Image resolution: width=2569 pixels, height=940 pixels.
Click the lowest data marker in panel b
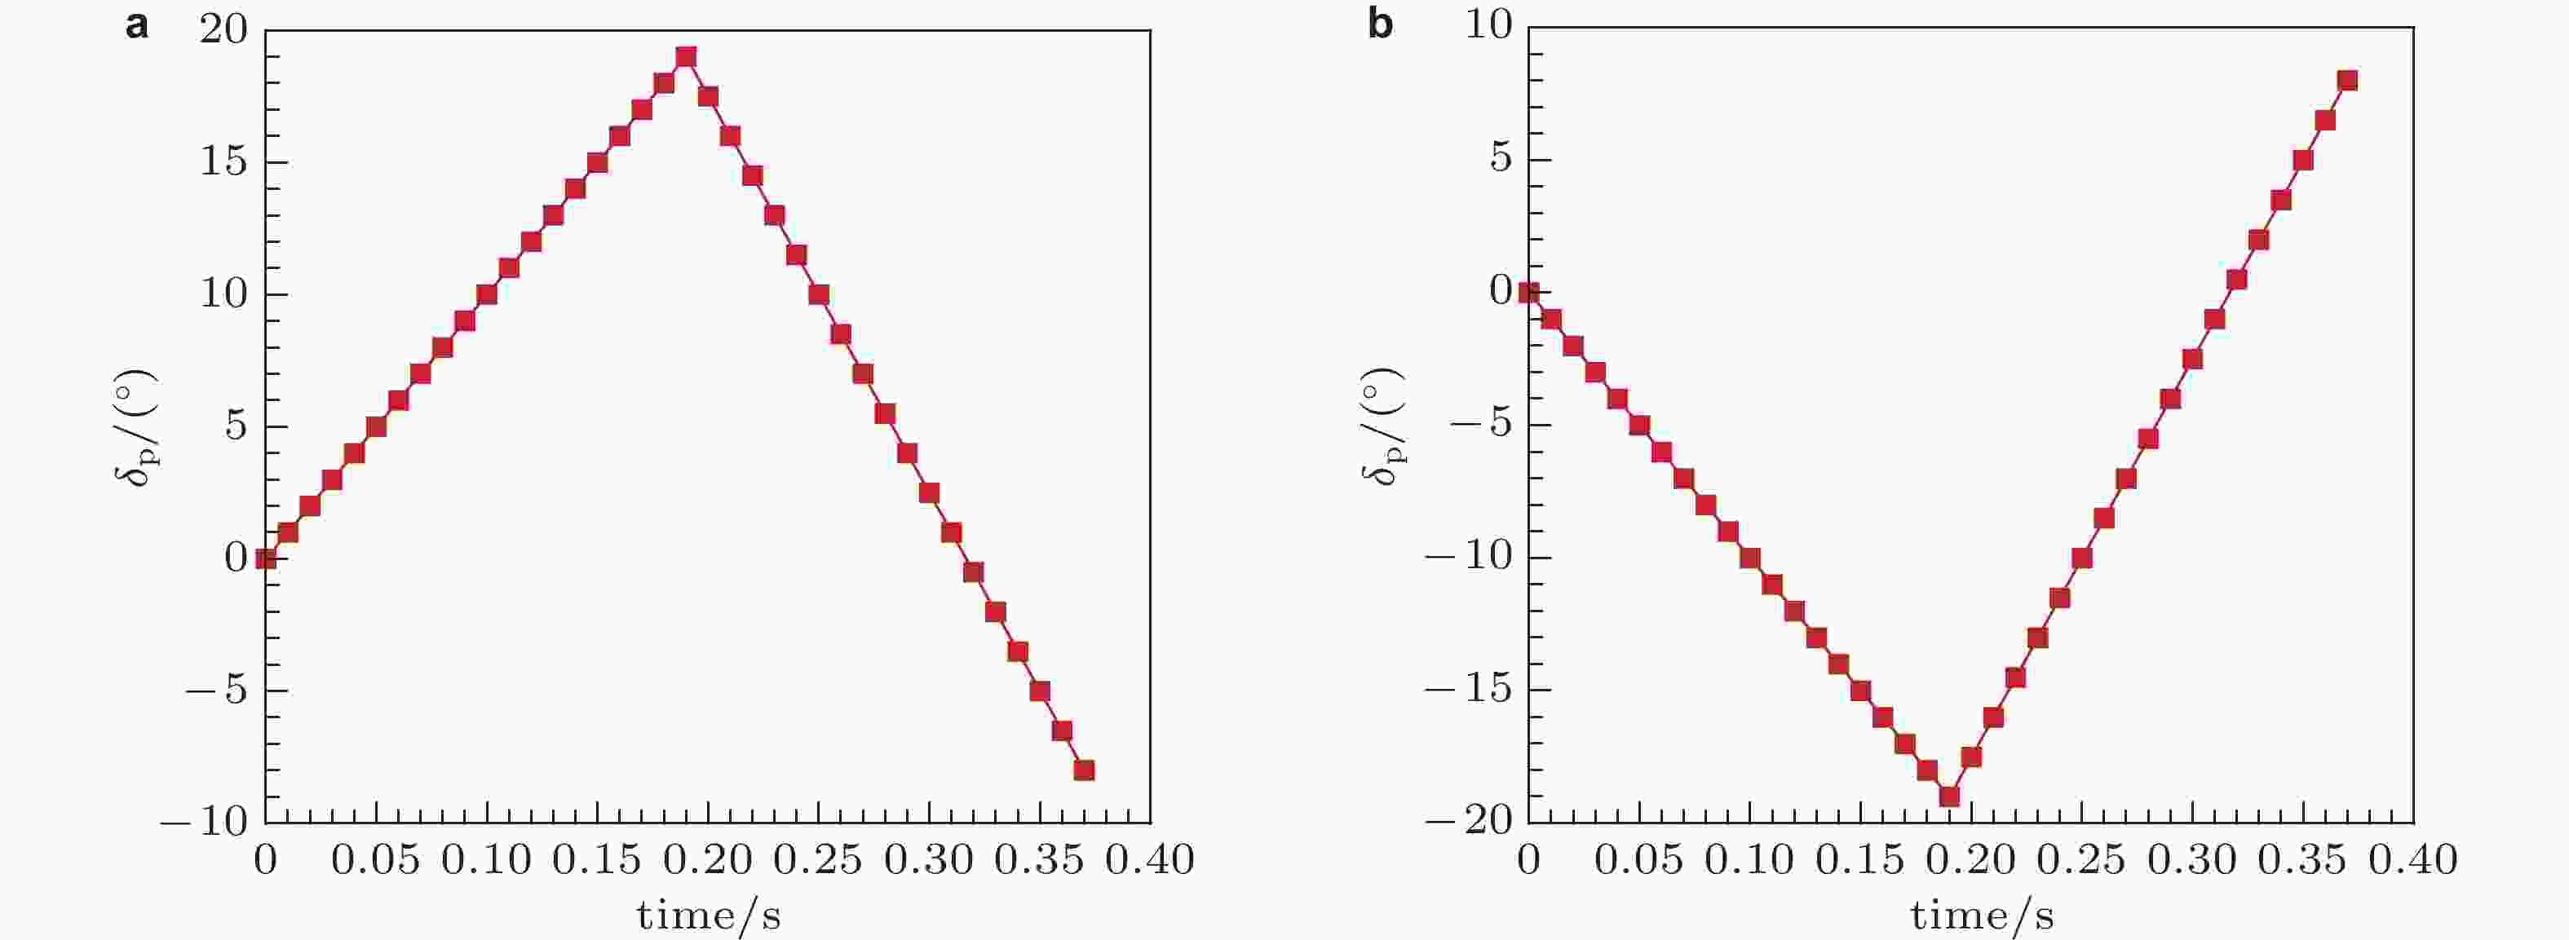1948,797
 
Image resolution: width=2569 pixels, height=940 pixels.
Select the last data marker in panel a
1084,770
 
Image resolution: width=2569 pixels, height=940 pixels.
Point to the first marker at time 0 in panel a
265,558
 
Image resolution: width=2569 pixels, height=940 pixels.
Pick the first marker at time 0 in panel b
1528,292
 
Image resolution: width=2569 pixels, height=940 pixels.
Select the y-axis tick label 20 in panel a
223,30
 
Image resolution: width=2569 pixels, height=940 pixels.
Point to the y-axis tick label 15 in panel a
223,162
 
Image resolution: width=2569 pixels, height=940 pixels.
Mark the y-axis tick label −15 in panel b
1469,690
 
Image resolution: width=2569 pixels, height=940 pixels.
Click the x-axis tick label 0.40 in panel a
1150,860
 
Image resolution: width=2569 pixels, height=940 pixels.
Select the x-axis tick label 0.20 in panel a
708,860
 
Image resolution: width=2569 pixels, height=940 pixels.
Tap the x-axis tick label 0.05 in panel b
1638,860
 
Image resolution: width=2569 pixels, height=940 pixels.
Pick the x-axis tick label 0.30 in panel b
2192,860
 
